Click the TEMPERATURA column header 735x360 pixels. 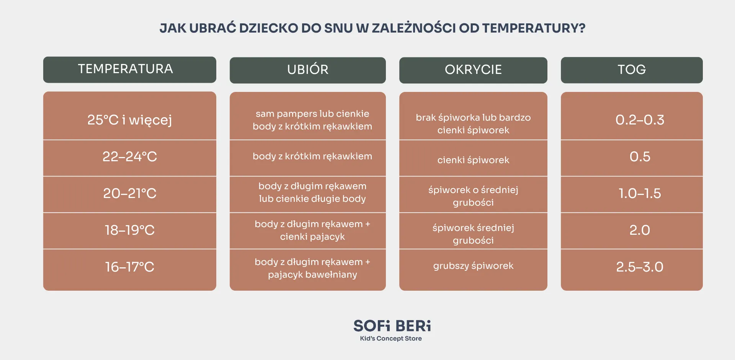point(129,70)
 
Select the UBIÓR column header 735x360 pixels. point(308,70)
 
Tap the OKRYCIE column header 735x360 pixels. point(473,70)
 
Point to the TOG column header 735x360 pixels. point(632,70)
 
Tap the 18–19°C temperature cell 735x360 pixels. point(129,230)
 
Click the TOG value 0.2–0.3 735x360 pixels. point(640,120)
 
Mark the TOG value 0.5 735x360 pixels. point(640,157)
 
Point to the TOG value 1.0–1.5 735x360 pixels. point(640,193)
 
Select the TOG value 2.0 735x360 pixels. point(640,230)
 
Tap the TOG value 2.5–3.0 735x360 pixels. point(640,267)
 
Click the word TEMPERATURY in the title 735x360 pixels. point(534,28)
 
